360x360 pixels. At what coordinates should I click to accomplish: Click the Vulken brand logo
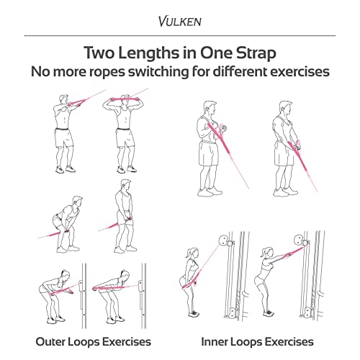coord(180,21)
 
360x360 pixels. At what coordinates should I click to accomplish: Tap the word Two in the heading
coord(99,53)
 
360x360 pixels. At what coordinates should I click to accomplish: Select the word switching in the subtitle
coord(158,71)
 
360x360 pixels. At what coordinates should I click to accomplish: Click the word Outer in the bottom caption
coord(50,341)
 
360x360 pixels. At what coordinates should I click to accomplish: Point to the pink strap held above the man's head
coord(125,99)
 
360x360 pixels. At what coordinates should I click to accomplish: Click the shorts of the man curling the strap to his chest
coord(208,153)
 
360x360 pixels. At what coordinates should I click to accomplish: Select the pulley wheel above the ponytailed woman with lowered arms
coord(223,240)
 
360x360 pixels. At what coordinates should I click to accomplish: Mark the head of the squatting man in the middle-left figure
coord(77,202)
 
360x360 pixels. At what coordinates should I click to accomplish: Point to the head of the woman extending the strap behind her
coord(125,275)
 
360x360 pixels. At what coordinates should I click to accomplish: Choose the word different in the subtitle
coord(240,71)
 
